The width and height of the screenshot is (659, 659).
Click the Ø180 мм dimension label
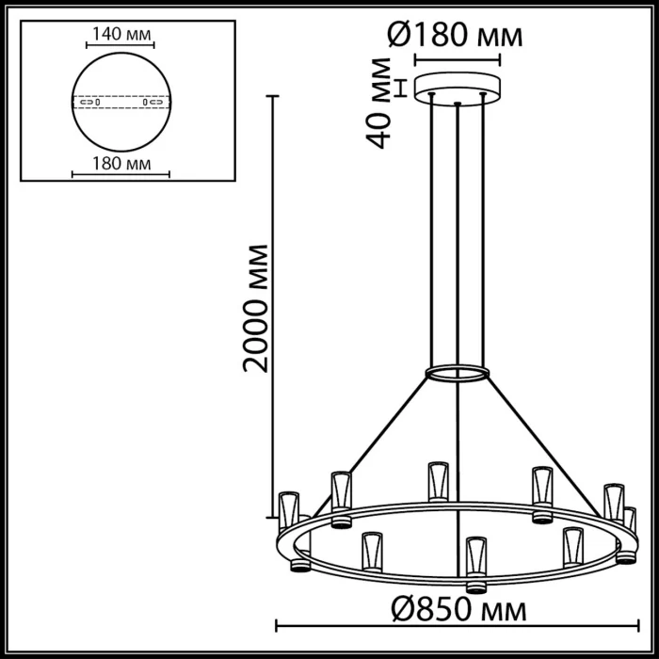455,37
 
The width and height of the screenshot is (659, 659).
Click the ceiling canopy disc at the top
458,86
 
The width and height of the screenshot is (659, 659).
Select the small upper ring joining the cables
458,374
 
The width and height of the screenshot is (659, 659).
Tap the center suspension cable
458,235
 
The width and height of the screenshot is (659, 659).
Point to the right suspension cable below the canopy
483,235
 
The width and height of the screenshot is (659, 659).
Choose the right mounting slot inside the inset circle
151,102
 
